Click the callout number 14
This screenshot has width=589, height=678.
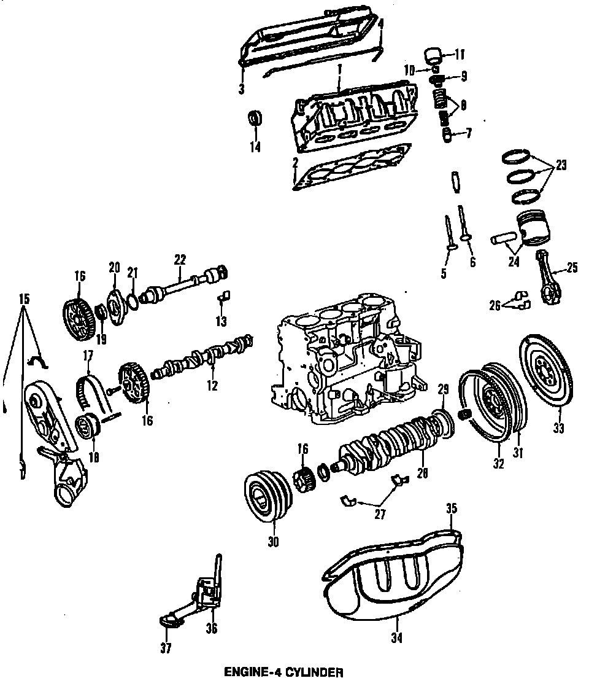click(x=255, y=147)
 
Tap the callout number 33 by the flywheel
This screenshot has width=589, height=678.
click(x=558, y=428)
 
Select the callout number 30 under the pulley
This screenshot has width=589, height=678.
click(x=273, y=542)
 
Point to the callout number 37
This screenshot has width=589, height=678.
click(x=166, y=647)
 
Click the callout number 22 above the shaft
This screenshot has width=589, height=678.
click(x=179, y=259)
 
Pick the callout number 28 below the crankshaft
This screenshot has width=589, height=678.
click(x=423, y=473)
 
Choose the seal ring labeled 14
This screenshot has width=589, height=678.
click(x=254, y=119)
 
